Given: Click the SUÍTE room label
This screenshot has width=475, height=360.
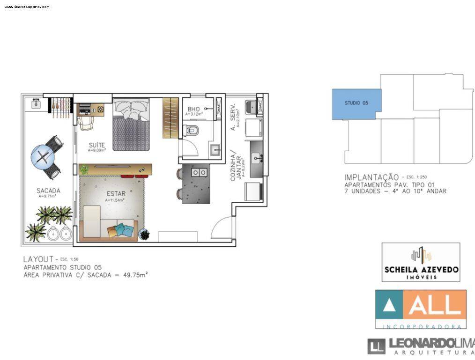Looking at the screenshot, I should pos(97,145).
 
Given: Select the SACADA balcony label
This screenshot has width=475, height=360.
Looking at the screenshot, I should pos(48,191).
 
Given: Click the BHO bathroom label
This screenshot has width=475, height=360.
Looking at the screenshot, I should pos(193,109).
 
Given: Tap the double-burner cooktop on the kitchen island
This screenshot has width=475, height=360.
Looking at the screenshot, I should pos(199,173).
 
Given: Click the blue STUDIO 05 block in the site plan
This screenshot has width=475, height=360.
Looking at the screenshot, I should pos(356,103).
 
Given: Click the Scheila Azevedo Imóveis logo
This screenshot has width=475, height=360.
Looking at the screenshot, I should pos(421,262).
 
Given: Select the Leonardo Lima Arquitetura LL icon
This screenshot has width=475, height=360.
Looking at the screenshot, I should pos(376,347).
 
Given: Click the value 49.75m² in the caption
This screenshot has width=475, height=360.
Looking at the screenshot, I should pos(134,275).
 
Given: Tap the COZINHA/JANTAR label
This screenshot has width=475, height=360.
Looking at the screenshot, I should pos(235,165).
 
